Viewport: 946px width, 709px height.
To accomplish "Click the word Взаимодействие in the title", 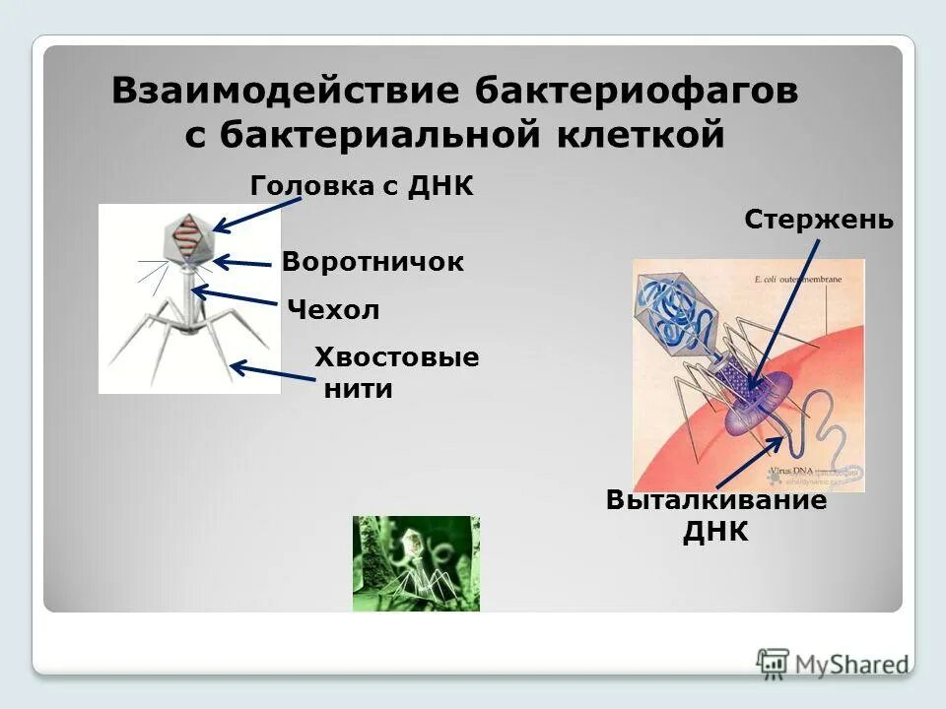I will [x=287, y=92].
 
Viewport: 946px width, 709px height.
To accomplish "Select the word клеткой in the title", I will [x=637, y=136].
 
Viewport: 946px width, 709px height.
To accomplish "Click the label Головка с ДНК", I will [x=362, y=186].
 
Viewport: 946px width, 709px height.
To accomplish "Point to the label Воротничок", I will [x=372, y=262].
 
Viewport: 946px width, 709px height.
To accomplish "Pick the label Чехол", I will [x=333, y=310].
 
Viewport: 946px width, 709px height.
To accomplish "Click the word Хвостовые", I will [x=396, y=357].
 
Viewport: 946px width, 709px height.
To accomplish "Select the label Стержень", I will [x=819, y=219].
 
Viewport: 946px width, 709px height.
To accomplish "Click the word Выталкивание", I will [x=716, y=500].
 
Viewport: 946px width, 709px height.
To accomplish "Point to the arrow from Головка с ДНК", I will [x=258, y=215].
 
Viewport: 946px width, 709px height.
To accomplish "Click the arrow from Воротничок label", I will [x=241, y=263].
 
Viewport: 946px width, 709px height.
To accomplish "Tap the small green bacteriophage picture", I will [x=416, y=563].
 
